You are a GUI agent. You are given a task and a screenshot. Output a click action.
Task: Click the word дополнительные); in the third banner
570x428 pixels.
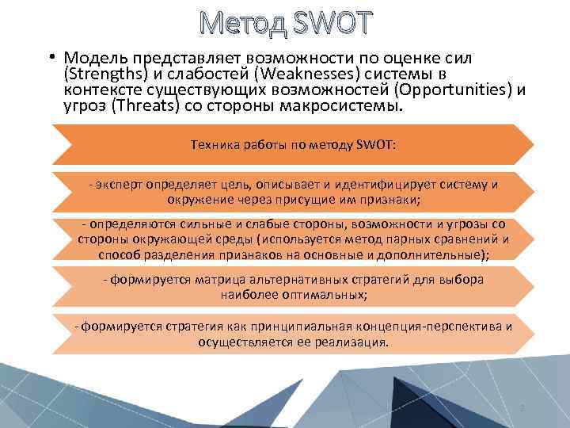(439, 254)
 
